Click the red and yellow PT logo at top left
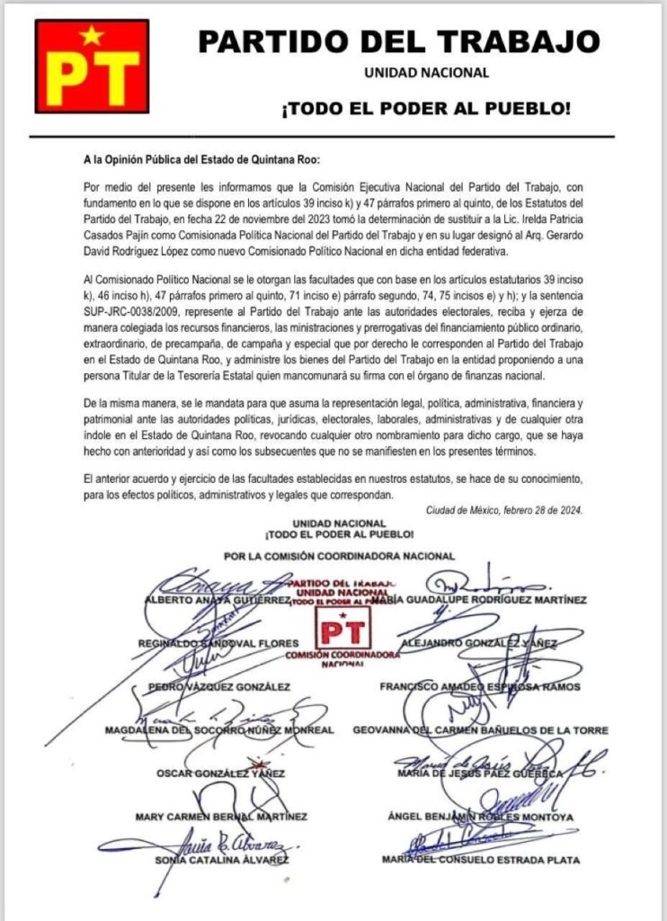pyautogui.click(x=92, y=64)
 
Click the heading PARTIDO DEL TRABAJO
pyautogui.click(x=399, y=40)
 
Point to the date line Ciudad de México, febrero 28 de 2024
pyautogui.click(x=504, y=510)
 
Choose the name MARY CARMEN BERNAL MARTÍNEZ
pyautogui.click(x=220, y=817)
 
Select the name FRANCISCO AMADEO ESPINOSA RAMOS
pyautogui.click(x=480, y=686)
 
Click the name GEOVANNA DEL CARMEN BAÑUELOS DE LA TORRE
pyautogui.click(x=481, y=729)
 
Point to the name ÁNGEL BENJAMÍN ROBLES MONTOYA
pyautogui.click(x=482, y=817)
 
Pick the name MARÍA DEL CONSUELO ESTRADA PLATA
pyautogui.click(x=480, y=860)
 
